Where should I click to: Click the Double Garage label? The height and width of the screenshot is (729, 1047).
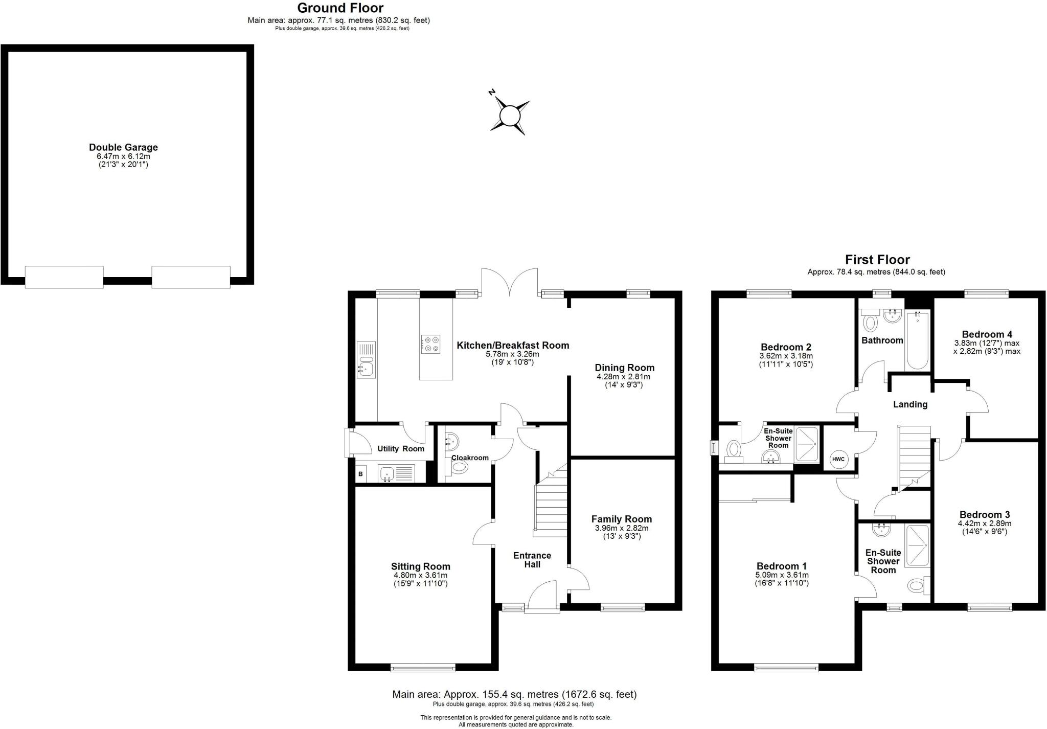point(123,147)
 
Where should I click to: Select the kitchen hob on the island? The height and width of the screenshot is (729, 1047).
point(430,344)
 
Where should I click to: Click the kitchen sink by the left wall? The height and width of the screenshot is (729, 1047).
point(366,360)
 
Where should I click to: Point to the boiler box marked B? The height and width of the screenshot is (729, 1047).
point(361,474)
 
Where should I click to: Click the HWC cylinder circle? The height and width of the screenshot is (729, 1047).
point(838,459)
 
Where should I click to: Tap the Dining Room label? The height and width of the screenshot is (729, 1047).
point(624,368)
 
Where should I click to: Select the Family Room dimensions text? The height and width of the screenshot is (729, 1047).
point(622,532)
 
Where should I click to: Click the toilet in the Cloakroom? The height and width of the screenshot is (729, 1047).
point(459,467)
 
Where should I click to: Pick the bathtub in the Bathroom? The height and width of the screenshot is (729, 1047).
point(917,340)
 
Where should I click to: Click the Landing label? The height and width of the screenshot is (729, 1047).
point(910,404)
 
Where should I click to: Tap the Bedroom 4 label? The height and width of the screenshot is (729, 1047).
point(987,334)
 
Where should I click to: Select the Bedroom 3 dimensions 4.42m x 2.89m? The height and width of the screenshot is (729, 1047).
point(984,523)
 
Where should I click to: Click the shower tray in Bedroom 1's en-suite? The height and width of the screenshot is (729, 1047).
point(917,546)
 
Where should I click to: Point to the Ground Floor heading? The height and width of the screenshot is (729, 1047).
point(340,8)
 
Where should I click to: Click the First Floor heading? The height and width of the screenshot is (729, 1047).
point(877,260)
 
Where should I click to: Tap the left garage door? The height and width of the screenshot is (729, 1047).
point(64,277)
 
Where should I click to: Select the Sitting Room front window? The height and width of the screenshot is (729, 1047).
point(423,667)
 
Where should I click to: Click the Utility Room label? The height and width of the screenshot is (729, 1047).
point(401,449)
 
